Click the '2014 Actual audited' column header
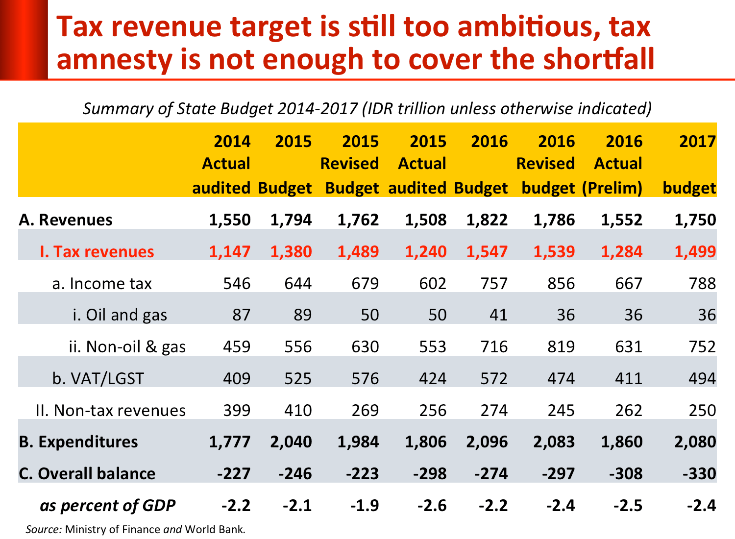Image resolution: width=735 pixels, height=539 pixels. coord(223,165)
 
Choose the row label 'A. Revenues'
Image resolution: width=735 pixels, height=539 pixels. coord(66,220)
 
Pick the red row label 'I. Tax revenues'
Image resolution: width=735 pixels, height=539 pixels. coord(97,252)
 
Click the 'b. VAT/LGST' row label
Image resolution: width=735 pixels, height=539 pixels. coord(98,379)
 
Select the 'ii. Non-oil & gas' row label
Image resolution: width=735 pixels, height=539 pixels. coord(127,347)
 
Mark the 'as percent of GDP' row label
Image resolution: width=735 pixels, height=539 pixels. coord(107,505)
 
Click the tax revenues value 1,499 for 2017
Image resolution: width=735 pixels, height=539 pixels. coord(695,252)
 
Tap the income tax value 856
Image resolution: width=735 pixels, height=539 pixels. coord(561,284)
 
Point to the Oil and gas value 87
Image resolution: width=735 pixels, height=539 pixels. coord(241,315)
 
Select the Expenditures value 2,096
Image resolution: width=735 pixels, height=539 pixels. coord(487,442)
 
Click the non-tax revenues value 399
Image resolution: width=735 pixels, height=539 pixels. coord(237,410)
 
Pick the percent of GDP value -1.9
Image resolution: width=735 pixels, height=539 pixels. coord(365,505)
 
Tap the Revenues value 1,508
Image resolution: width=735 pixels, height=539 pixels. coord(426,220)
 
